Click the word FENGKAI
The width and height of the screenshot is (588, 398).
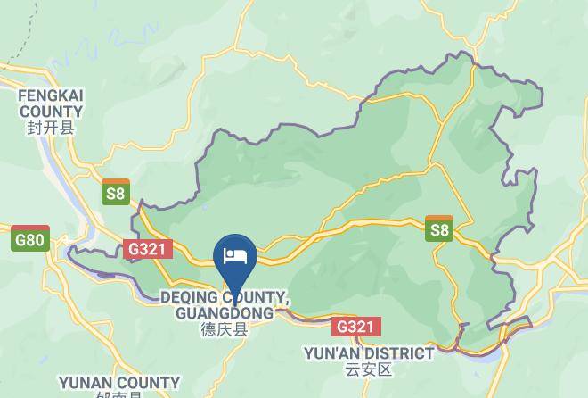(x=51, y=95)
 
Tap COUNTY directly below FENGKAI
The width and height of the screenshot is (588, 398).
(x=51, y=112)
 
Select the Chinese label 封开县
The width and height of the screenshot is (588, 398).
(x=51, y=129)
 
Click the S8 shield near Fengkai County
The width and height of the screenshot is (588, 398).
(x=116, y=192)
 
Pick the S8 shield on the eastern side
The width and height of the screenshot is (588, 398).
(x=439, y=228)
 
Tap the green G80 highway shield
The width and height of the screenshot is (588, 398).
(x=30, y=240)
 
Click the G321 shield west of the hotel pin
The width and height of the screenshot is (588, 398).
(x=146, y=249)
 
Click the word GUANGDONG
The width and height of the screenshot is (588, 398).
(x=225, y=313)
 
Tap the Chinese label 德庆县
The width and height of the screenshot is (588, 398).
(x=224, y=330)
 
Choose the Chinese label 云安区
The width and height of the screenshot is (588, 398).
(x=368, y=369)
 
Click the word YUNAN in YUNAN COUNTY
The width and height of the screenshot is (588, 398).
(x=87, y=383)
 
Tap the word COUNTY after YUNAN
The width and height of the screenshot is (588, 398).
(x=150, y=383)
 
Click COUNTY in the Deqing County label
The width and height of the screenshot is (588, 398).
(x=253, y=297)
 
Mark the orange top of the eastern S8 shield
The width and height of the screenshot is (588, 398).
(x=439, y=219)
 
